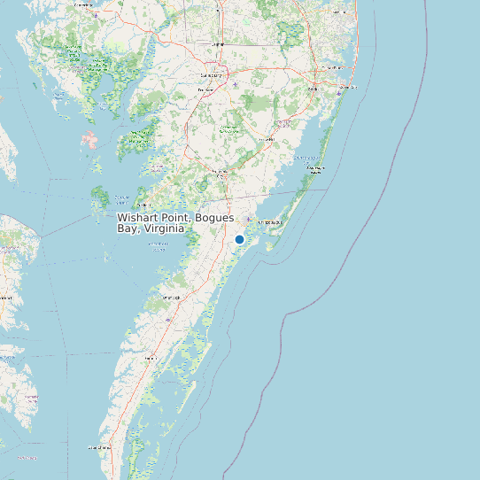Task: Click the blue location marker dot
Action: pyautogui.click(x=239, y=239)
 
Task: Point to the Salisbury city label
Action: pyautogui.click(x=210, y=75)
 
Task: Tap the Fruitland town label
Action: pyautogui.click(x=205, y=90)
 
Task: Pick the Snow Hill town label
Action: pyautogui.click(x=267, y=139)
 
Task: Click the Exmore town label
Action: pyautogui.click(x=151, y=358)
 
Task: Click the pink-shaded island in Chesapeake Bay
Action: pyautogui.click(x=89, y=139)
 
